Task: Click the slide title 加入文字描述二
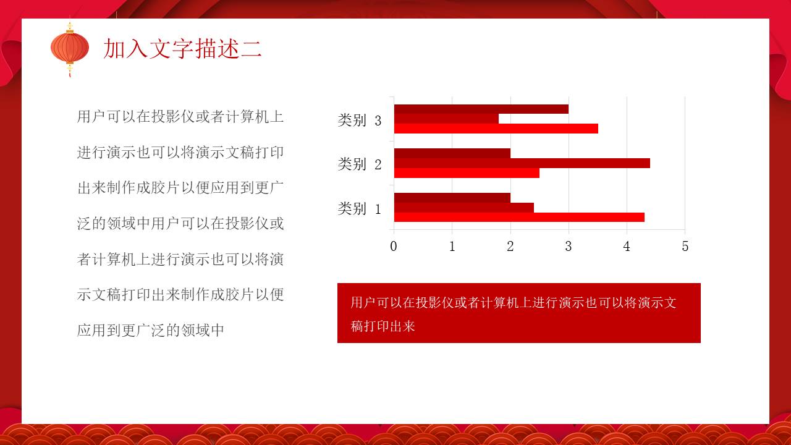pos(183,48)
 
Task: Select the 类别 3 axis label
pos(360,121)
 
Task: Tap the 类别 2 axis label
pos(360,164)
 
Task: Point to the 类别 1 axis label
pos(360,209)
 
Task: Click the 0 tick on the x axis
pos(394,247)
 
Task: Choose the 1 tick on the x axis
pos(452,247)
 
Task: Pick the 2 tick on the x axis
pos(510,247)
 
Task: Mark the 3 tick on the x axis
pos(569,247)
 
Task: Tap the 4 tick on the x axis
pos(627,247)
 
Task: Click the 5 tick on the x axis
pos(685,247)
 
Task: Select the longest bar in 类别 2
pos(522,163)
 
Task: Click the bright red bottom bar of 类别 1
pos(519,217)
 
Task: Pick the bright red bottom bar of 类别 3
pos(496,129)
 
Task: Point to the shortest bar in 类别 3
pos(446,119)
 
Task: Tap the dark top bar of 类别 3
pos(481,109)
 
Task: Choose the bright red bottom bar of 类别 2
pos(467,173)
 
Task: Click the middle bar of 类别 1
pos(463,208)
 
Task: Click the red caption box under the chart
pos(519,313)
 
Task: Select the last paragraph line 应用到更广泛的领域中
pos(151,330)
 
